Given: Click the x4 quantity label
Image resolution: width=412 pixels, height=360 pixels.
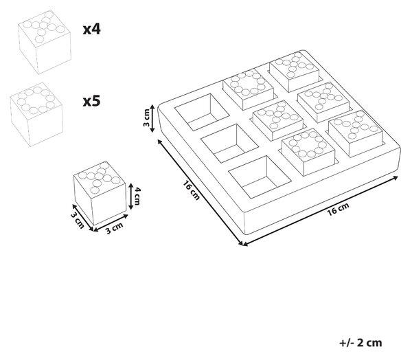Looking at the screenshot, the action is point(92,29).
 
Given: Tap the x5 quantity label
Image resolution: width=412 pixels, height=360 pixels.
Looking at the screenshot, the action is point(92,101).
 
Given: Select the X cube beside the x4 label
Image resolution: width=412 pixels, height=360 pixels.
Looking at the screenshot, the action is point(45,42).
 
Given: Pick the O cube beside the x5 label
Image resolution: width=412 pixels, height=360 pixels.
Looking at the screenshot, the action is point(36,115).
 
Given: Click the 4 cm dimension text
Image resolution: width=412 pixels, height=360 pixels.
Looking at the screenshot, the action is point(137,196).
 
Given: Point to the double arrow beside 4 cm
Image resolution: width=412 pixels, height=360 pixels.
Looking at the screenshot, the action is point(131,196).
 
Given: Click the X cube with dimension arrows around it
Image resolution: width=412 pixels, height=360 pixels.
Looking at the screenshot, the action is point(100,193).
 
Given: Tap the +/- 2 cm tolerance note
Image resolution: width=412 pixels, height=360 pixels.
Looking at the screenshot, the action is point(360,343).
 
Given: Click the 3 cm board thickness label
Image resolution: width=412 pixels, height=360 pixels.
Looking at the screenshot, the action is point(146,117).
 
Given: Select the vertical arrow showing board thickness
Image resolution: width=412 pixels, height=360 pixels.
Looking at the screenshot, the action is point(152,118).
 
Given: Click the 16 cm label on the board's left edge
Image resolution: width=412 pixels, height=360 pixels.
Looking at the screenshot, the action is point(192,190).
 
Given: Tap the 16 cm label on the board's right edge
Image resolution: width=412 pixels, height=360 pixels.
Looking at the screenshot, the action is point(338,209).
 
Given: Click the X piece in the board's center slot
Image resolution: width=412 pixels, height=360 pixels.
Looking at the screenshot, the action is point(277,120).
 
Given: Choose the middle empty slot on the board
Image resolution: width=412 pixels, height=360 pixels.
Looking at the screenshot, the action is point(230,144).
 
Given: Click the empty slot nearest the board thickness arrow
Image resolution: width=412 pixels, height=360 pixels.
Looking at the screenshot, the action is point(202,112).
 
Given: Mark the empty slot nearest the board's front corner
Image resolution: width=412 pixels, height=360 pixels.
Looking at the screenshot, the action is point(260,177).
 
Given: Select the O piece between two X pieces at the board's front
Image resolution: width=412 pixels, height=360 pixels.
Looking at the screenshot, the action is point(308,152).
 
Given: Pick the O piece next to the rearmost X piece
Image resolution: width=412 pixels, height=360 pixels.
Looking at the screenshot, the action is point(248,89).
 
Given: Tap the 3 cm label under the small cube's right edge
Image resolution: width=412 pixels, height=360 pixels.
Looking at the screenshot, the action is point(114,228).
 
